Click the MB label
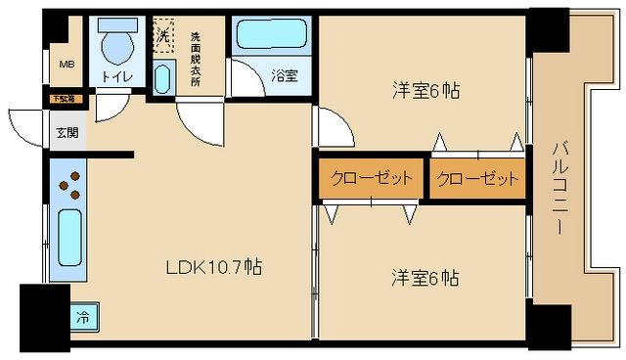pyautogui.click(x=67, y=65)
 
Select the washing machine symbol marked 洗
pyautogui.click(x=164, y=34)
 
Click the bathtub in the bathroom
pyautogui.click(x=270, y=35)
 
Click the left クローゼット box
pyautogui.click(x=371, y=179)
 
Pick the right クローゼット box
pyautogui.click(x=476, y=179)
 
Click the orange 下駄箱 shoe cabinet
pyautogui.click(x=67, y=99)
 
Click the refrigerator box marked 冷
pyautogui.click(x=84, y=317)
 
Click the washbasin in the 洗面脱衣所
pyautogui.click(x=161, y=75)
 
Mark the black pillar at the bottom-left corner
pyautogui.click(x=44, y=316)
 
